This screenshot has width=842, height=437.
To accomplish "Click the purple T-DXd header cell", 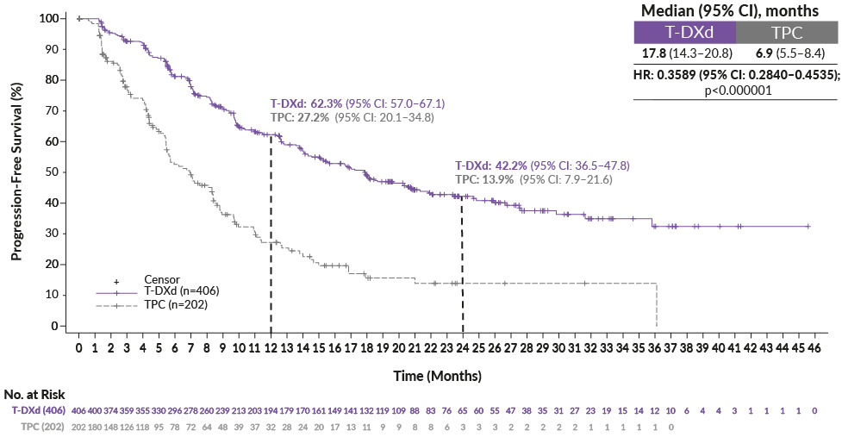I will (684, 33).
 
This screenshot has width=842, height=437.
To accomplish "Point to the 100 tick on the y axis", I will (53, 18).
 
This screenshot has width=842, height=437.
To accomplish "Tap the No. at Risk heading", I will (34, 395).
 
